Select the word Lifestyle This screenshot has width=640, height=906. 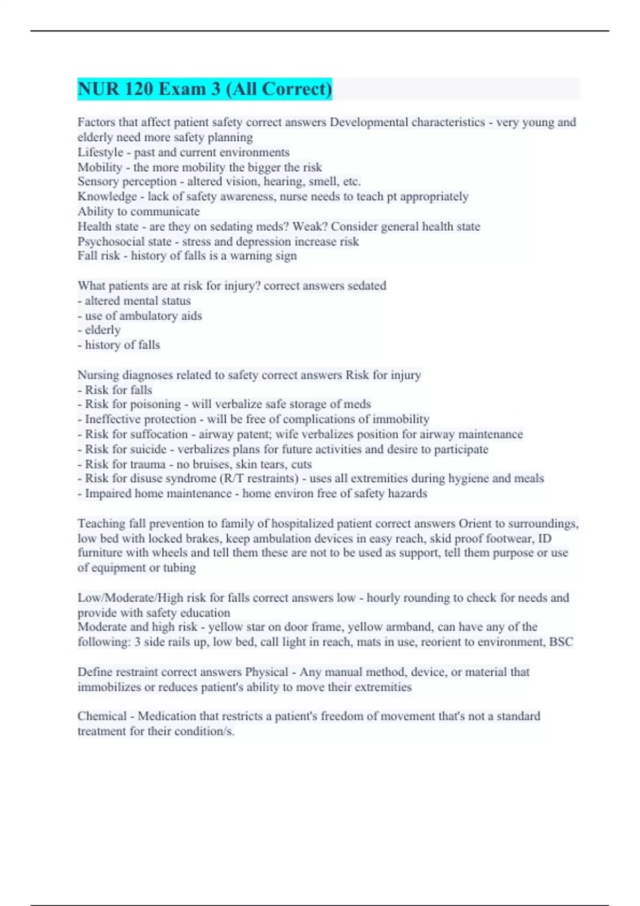[x=100, y=152]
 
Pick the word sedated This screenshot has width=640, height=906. [x=367, y=286]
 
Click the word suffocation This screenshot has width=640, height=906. [x=157, y=434]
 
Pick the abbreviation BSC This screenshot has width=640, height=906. [x=561, y=642]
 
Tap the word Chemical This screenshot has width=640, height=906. [x=102, y=716]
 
